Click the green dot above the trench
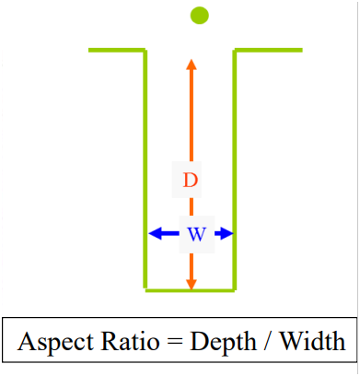[x=199, y=15]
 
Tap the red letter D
[x=190, y=181]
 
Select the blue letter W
[x=196, y=234]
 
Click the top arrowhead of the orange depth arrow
[x=191, y=65]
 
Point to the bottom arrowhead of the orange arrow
[x=191, y=284]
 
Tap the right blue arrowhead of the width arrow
[x=225, y=234]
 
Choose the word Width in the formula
[x=316, y=343]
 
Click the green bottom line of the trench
[x=191, y=290]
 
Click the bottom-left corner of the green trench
[x=145, y=290]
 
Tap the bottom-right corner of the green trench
[x=236, y=290]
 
